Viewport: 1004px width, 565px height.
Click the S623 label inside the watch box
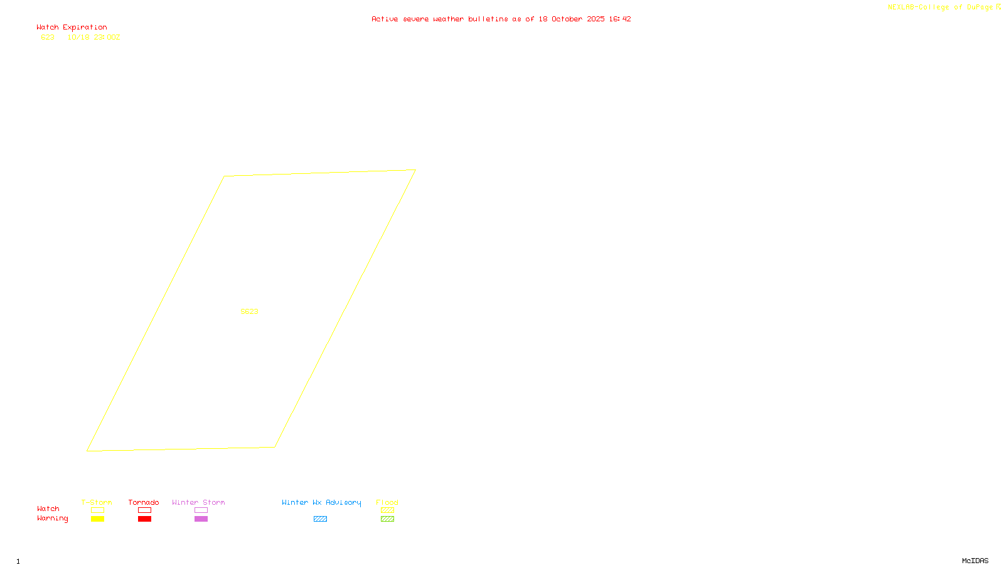pos(249,311)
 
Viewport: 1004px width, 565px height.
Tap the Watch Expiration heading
pos(72,28)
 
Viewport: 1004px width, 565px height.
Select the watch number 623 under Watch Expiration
pos(48,38)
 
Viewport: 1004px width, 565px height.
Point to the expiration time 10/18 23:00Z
pos(93,38)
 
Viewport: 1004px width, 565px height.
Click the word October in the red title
pos(567,19)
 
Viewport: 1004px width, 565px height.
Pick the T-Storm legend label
pos(97,502)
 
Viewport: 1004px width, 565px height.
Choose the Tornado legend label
pos(144,502)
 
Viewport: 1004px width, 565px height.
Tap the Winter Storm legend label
pos(198,502)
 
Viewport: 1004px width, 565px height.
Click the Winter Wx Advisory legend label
pos(321,502)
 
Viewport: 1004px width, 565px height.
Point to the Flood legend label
pos(387,502)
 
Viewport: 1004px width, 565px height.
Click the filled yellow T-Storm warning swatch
pos(97,519)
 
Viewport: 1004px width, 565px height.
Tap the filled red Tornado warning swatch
pos(144,519)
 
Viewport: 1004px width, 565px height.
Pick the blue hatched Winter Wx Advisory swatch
pos(320,519)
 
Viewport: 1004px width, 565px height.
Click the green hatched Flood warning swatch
pos(387,519)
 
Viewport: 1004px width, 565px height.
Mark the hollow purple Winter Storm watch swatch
pos(201,510)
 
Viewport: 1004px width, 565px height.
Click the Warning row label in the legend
pos(52,519)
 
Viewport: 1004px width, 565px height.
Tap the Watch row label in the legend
pos(48,509)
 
